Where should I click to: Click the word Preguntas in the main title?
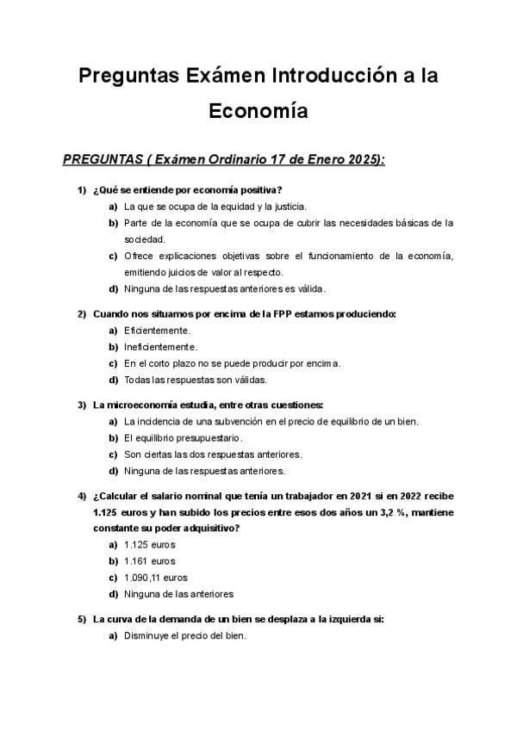click(128, 76)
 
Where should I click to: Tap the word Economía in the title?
click(258, 112)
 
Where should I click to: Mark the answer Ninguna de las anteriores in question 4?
click(178, 594)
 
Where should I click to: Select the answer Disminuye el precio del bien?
click(185, 636)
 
